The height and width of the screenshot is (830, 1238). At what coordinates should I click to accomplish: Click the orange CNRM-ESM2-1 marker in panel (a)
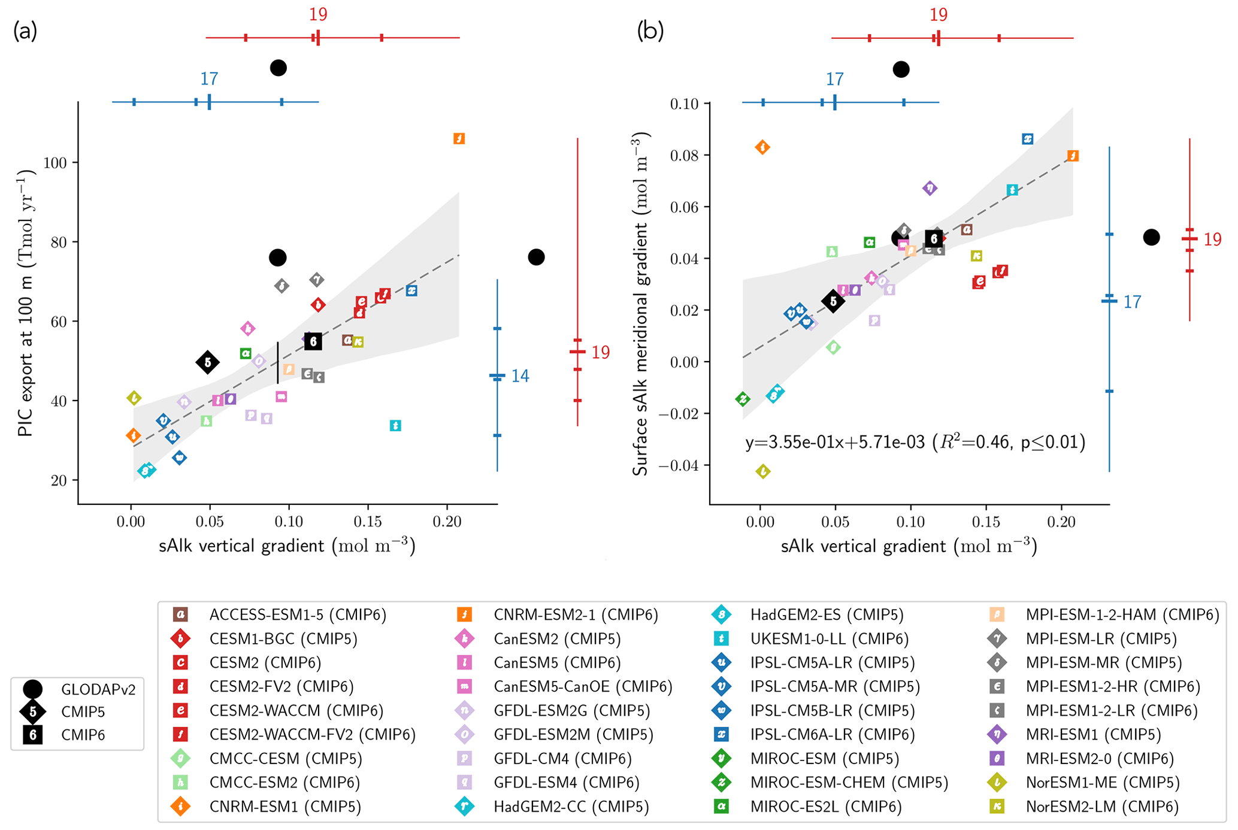[459, 139]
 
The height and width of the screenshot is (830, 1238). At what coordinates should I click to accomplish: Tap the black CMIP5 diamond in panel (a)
[208, 362]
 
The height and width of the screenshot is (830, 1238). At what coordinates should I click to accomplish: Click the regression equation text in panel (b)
[915, 443]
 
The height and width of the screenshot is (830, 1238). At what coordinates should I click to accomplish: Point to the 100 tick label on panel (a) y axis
[56, 163]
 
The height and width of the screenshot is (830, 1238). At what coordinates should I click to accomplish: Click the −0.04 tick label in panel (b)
[678, 465]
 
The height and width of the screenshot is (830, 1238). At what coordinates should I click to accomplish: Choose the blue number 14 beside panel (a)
[520, 376]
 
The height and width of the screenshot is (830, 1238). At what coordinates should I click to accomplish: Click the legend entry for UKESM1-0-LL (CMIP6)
[829, 639]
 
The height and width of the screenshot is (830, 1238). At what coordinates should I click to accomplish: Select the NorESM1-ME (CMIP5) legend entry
[1102, 783]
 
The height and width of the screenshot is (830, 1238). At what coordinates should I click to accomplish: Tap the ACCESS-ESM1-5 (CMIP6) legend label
[297, 614]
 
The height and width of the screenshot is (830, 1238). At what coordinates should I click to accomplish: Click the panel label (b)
[650, 30]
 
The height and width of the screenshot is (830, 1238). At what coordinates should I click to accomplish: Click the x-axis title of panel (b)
[909, 546]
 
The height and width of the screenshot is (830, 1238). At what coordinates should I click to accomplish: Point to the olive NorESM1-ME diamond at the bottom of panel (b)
[762, 472]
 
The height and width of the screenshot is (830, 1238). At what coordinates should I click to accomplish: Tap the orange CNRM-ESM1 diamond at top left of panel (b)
[762, 147]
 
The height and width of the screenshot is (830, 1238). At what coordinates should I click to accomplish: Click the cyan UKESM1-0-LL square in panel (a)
[395, 426]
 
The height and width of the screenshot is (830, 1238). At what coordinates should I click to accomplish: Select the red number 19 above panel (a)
[318, 14]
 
